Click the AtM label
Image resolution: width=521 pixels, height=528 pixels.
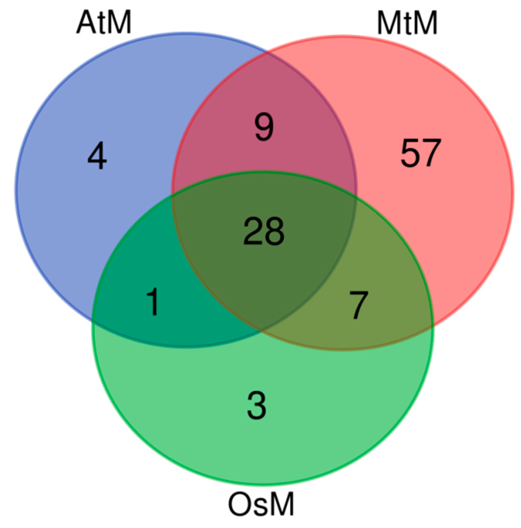point(104,23)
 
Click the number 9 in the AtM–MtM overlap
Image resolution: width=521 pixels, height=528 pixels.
point(264,128)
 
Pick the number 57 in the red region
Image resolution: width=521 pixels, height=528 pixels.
point(420,153)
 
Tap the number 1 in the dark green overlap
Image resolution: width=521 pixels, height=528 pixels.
point(153,302)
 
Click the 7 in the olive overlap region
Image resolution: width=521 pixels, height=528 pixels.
point(359,305)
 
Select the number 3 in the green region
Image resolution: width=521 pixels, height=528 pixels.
point(257,405)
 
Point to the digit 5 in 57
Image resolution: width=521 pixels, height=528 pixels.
point(410,153)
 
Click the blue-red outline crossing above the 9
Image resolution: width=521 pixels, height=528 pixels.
point(267,52)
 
